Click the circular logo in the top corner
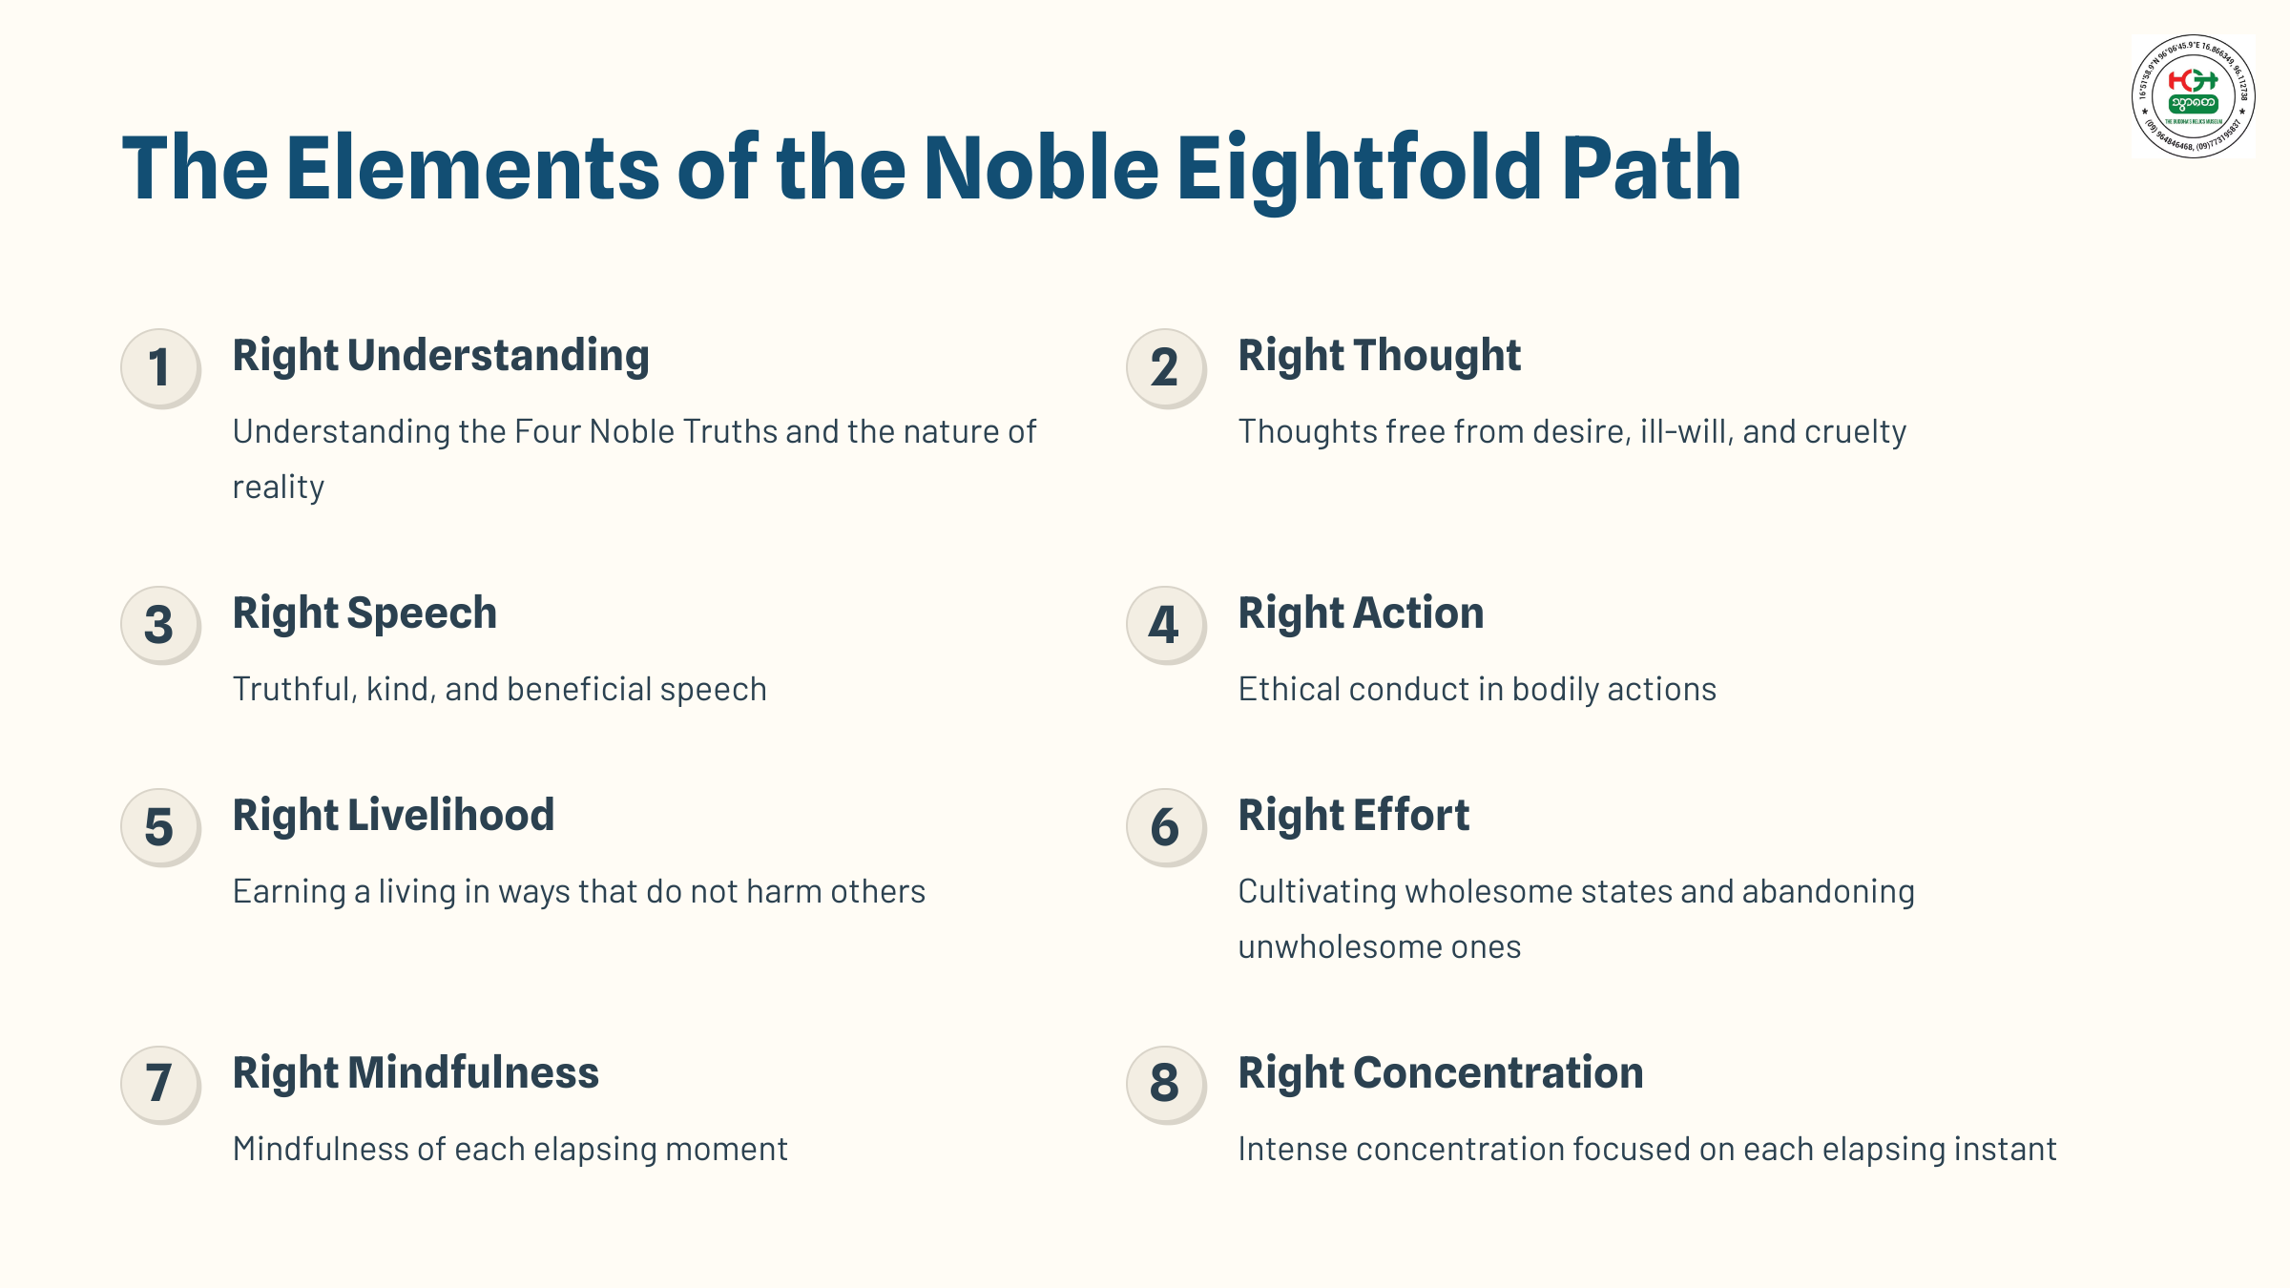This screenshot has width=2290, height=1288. pos(2193,96)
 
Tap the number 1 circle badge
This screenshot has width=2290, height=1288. pos(160,368)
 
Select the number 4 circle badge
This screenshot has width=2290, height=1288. pos(1165,626)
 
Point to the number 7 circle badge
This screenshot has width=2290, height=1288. pos(160,1085)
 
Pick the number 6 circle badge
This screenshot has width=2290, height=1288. pos(1165,827)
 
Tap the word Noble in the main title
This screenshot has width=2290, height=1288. pos(1041,170)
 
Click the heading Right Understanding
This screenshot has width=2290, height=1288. pos(441,356)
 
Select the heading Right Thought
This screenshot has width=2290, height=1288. pos(1379,356)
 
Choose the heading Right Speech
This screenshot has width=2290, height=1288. pos(364,613)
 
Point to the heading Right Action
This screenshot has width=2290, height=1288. pos(1361,613)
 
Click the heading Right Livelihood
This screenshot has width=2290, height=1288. pos(393,816)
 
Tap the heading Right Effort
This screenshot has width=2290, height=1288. pos(1353,816)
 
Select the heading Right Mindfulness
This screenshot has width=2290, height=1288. pos(416,1073)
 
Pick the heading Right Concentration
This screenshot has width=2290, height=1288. pos(1441,1073)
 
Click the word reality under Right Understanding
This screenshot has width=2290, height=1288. pos(279,488)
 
